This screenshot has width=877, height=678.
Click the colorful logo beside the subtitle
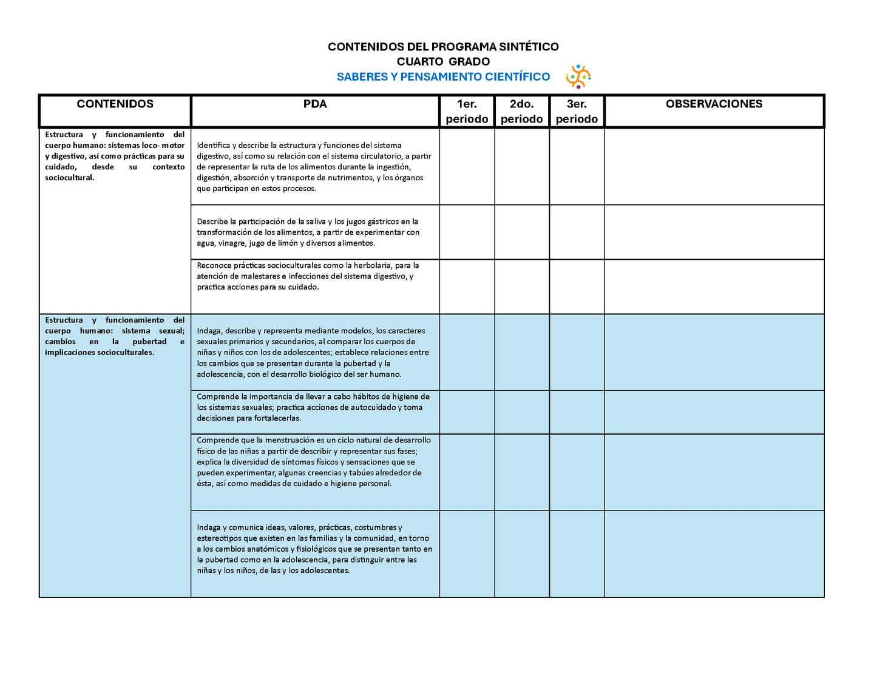578,76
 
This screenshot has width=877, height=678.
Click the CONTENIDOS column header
115,104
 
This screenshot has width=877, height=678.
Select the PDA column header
315,104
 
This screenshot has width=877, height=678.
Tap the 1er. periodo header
467,112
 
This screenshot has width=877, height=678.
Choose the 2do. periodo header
521,112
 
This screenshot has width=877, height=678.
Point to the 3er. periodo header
577,112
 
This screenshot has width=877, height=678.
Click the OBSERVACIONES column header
714,104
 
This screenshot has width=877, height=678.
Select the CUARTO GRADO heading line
443,61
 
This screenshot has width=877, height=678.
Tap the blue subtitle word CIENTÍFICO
517,76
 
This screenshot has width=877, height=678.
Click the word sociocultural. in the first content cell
70,178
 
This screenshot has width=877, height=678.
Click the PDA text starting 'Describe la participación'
308,232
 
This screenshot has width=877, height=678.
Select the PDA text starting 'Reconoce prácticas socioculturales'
308,276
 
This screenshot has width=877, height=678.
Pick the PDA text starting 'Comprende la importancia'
313,407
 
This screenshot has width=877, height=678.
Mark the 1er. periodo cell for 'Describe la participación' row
467,232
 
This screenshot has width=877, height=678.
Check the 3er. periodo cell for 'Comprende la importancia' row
577,412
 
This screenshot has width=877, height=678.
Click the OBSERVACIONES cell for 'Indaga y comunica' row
714,554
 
